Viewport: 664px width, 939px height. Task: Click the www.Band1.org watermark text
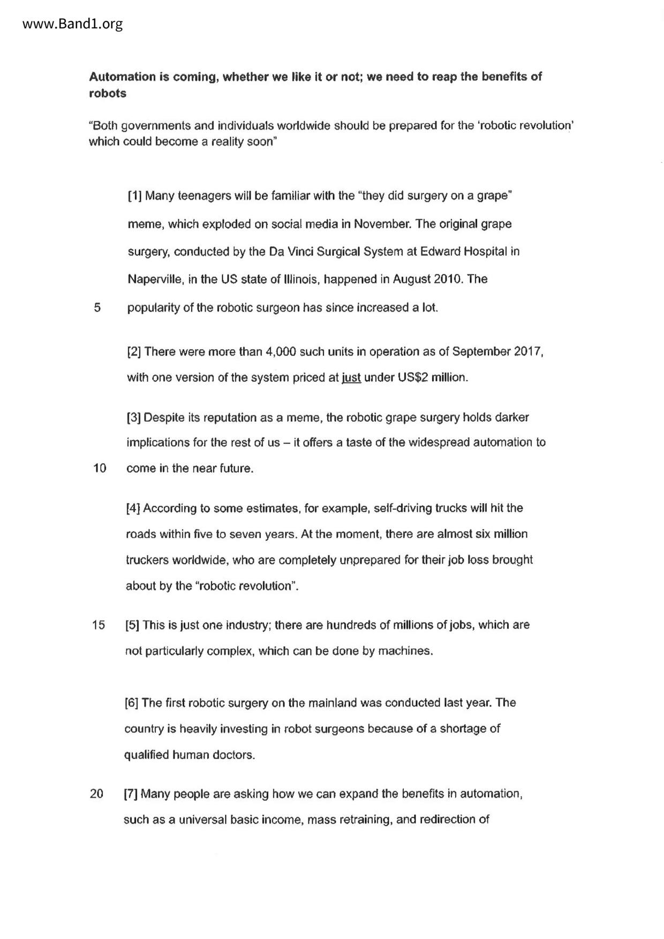[x=73, y=24]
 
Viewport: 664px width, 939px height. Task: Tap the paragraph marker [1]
[x=134, y=196]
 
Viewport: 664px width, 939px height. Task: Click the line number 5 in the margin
[x=97, y=308]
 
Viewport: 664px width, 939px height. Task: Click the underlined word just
[x=351, y=377]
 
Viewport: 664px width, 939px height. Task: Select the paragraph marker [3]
[x=133, y=417]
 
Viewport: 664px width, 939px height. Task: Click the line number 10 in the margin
[x=100, y=468]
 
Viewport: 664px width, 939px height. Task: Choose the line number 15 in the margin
[x=99, y=625]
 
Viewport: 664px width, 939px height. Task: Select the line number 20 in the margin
[x=97, y=794]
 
